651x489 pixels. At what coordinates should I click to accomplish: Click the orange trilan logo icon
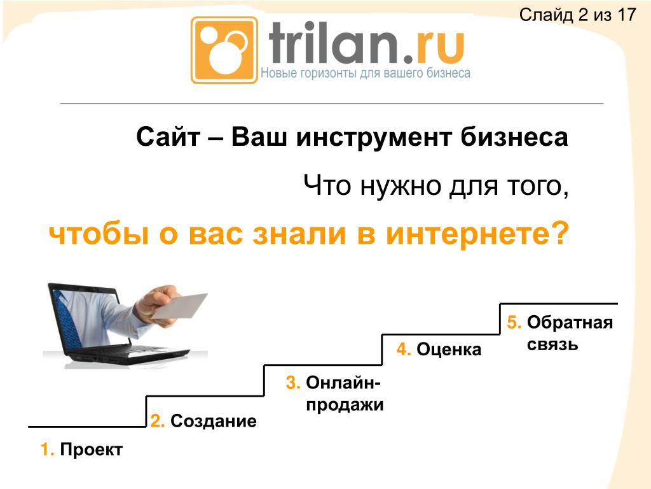pyautogui.click(x=224, y=50)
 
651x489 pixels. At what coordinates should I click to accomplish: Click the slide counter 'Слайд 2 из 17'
pyautogui.click(x=577, y=15)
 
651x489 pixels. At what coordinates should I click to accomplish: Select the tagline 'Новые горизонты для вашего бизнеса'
pyautogui.click(x=366, y=73)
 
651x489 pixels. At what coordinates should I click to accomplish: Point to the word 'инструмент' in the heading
pyautogui.click(x=373, y=138)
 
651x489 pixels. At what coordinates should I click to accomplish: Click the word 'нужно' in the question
pyautogui.click(x=401, y=186)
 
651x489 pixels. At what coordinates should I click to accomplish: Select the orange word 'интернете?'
pyautogui.click(x=477, y=234)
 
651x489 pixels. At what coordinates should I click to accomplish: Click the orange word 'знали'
pyautogui.click(x=299, y=234)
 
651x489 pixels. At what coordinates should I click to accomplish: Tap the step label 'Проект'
pyautogui.click(x=92, y=450)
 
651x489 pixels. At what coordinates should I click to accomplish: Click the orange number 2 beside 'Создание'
pyautogui.click(x=158, y=421)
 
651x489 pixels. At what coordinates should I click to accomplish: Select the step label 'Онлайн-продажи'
pyautogui.click(x=345, y=393)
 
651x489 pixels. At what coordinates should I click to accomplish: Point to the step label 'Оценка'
pyautogui.click(x=449, y=350)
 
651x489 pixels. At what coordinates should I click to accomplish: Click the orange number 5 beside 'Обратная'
pyautogui.click(x=514, y=322)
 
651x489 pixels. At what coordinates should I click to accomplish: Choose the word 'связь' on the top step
pyautogui.click(x=552, y=344)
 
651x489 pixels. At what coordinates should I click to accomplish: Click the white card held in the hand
pyautogui.click(x=180, y=306)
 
